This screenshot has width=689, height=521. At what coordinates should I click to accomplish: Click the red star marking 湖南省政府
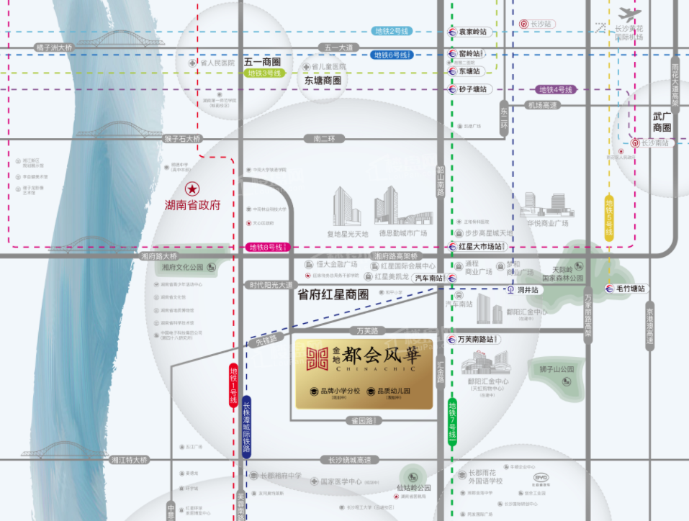click(x=192, y=189)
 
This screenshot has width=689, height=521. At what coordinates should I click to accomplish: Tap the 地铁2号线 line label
click(x=392, y=31)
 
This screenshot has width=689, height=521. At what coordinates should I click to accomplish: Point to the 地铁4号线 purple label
click(x=555, y=89)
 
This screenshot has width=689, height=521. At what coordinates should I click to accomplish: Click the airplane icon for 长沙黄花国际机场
click(x=629, y=14)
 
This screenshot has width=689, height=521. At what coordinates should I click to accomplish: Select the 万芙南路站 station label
click(x=475, y=339)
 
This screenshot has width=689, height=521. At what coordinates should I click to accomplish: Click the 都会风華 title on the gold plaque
click(x=379, y=355)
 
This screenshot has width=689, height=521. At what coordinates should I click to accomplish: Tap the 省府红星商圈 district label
click(x=333, y=294)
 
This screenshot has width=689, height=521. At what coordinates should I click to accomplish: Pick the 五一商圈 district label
click(x=261, y=62)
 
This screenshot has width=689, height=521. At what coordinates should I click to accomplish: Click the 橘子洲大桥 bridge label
click(x=55, y=47)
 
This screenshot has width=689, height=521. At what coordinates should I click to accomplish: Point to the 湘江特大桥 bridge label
click(x=129, y=459)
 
